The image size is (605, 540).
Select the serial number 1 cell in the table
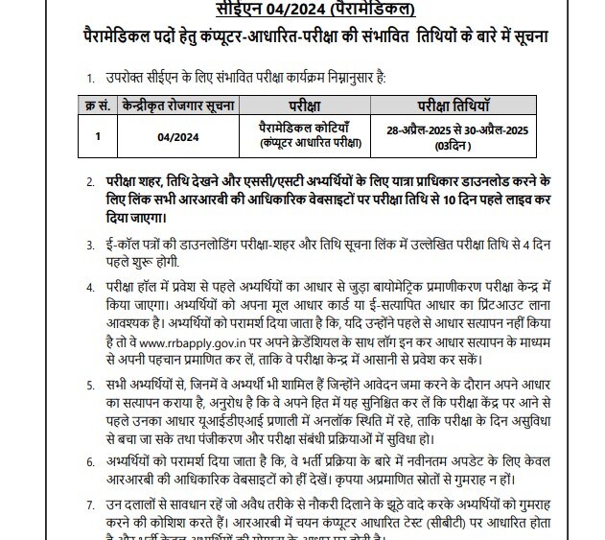(x=97, y=134)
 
